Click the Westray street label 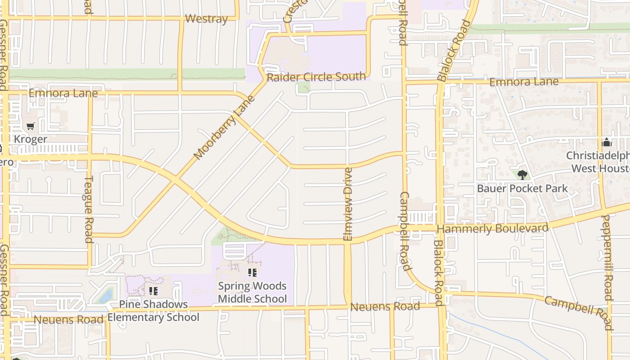pyautogui.click(x=206, y=19)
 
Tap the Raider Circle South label pyautogui.click(x=316, y=77)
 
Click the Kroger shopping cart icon pyautogui.click(x=30, y=126)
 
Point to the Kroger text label pyautogui.click(x=30, y=139)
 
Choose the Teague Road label pyautogui.click(x=89, y=209)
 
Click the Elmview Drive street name pyautogui.click(x=347, y=204)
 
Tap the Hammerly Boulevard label pyautogui.click(x=493, y=229)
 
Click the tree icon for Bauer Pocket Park pyautogui.click(x=522, y=175)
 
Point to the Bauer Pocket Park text pyautogui.click(x=522, y=188)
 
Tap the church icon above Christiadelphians pyautogui.click(x=607, y=143)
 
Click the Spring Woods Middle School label pyautogui.click(x=252, y=292)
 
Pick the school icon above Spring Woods pyautogui.click(x=252, y=272)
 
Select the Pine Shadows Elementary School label pyautogui.click(x=153, y=310)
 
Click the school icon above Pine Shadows pyautogui.click(x=153, y=291)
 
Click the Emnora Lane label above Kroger pyautogui.click(x=63, y=94)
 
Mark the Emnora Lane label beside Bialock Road pyautogui.click(x=524, y=82)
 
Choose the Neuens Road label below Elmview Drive pyautogui.click(x=385, y=307)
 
